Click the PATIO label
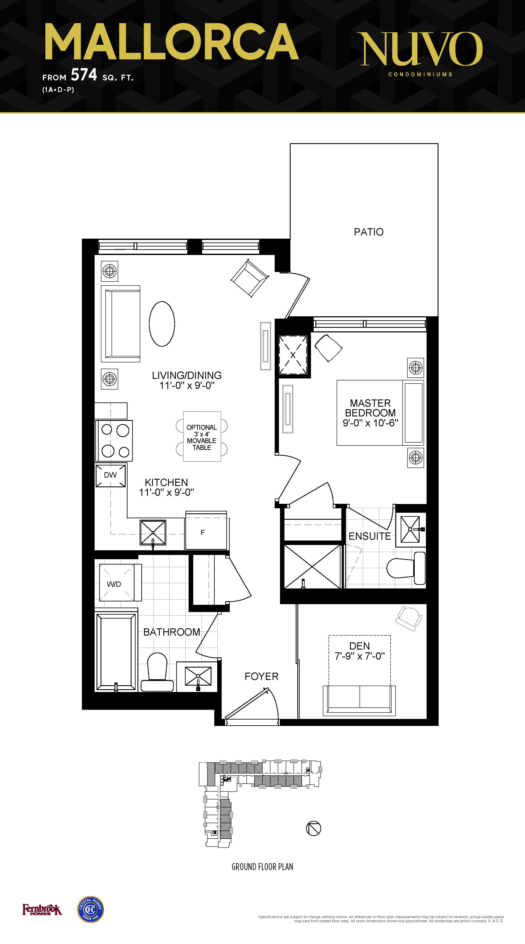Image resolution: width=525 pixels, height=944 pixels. tap(369, 232)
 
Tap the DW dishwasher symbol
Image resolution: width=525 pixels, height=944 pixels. tap(111, 475)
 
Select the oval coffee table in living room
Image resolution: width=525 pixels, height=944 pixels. tap(162, 324)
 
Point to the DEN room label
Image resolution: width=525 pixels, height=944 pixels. tap(360, 646)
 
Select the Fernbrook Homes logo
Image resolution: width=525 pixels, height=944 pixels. tap(42, 910)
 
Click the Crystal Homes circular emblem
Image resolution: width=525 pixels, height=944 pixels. tap(91, 910)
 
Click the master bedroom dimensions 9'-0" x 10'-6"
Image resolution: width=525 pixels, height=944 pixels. tap(370, 423)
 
